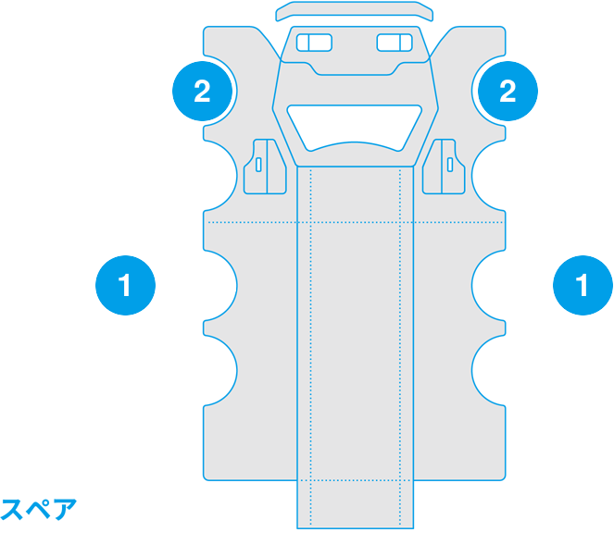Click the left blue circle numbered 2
(x=203, y=91)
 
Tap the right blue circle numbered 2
(x=507, y=91)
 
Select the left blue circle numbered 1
(x=125, y=285)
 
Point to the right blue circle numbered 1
(x=583, y=285)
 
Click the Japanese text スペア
(x=38, y=509)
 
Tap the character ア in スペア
(x=65, y=509)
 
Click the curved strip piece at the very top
(x=355, y=10)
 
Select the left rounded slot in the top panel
(x=315, y=43)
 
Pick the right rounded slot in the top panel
(x=395, y=43)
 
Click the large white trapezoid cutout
(x=355, y=125)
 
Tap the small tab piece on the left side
(x=265, y=167)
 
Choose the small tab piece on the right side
(x=444, y=167)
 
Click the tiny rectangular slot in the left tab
(x=258, y=165)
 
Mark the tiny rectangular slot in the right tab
(x=450, y=165)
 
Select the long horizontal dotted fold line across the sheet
(x=356, y=222)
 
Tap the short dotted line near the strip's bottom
(x=356, y=480)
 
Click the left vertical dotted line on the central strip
(x=311, y=347)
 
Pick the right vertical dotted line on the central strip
(x=400, y=347)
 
